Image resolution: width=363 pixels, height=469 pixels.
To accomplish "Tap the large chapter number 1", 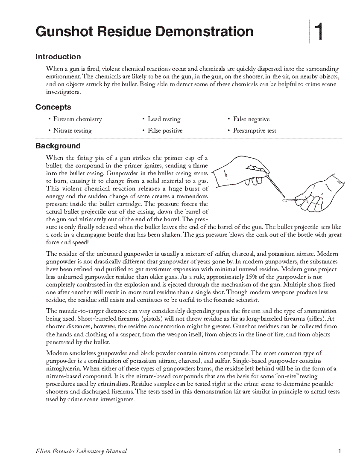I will pos(319,32).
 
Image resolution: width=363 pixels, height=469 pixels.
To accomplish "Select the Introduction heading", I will pos(58,57).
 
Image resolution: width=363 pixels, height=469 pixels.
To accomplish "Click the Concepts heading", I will pos(53,107).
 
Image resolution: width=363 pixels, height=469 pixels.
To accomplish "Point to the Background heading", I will pos(58,146).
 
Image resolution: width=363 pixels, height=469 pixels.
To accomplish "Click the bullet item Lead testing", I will pos(164,119).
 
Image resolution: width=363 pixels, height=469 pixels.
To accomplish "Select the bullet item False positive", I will pos(165,131).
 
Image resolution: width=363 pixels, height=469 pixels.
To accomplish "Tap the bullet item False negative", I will pos(251,119).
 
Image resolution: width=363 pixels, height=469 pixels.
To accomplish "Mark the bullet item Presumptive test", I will pos(255,131).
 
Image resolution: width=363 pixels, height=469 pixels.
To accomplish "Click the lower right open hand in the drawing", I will pos(320,194).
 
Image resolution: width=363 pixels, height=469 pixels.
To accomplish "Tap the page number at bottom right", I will pos(340,452).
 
